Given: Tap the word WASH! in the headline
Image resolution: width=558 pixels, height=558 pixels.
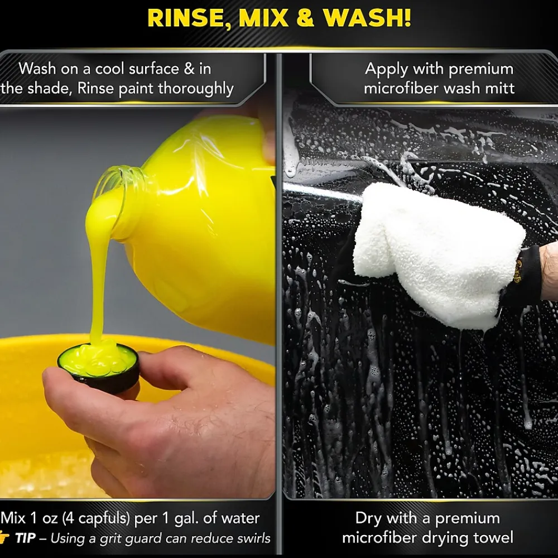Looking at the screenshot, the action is tap(367, 18).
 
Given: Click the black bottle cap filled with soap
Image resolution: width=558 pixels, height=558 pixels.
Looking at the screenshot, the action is tap(99, 367).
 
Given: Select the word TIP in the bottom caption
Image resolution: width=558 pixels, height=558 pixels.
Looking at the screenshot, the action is tap(25, 538).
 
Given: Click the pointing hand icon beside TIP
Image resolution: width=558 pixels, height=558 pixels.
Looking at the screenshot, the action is tap(4, 538).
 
